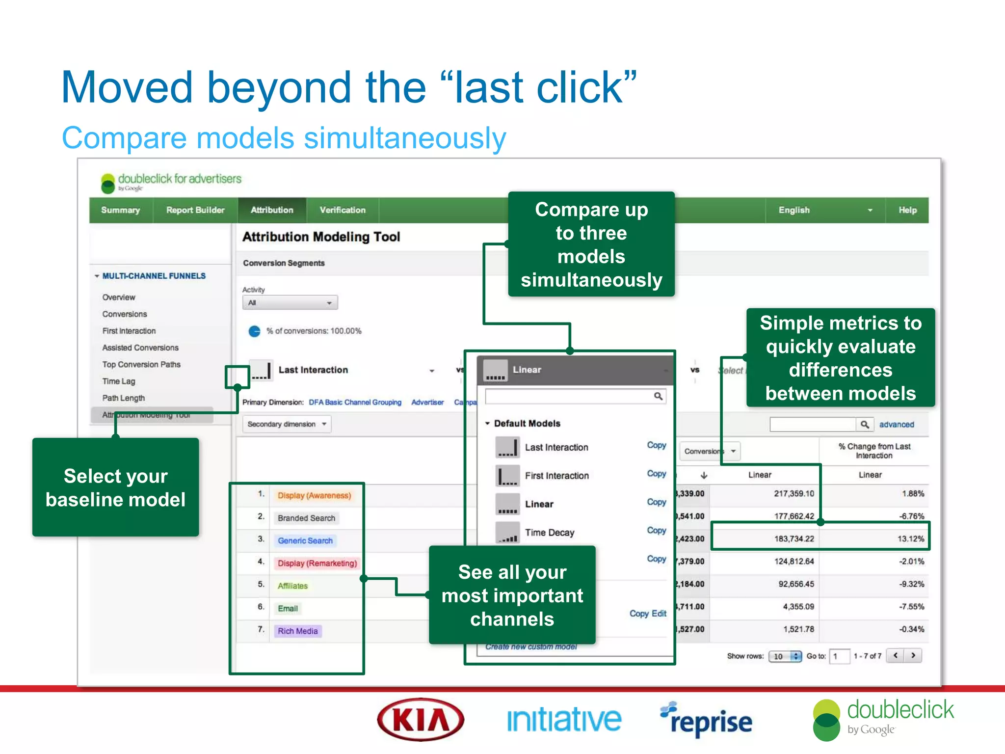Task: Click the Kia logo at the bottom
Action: click(421, 720)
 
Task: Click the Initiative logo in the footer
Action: click(564, 720)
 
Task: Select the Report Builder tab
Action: click(195, 210)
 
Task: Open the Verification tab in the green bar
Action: click(343, 210)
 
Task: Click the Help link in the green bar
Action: click(907, 210)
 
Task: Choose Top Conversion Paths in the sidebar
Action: click(141, 364)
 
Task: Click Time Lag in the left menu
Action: click(119, 381)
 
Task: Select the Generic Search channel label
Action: click(305, 540)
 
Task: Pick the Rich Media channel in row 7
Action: click(297, 631)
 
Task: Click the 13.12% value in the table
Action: click(910, 539)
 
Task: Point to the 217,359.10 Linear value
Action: click(793, 493)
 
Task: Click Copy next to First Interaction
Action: click(656, 474)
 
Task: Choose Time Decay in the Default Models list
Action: click(549, 533)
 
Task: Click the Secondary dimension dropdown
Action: click(287, 424)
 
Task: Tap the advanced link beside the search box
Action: click(896, 425)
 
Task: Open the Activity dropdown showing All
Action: click(290, 303)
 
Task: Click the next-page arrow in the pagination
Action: click(913, 655)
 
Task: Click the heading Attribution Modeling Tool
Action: click(321, 237)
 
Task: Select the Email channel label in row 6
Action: click(288, 608)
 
